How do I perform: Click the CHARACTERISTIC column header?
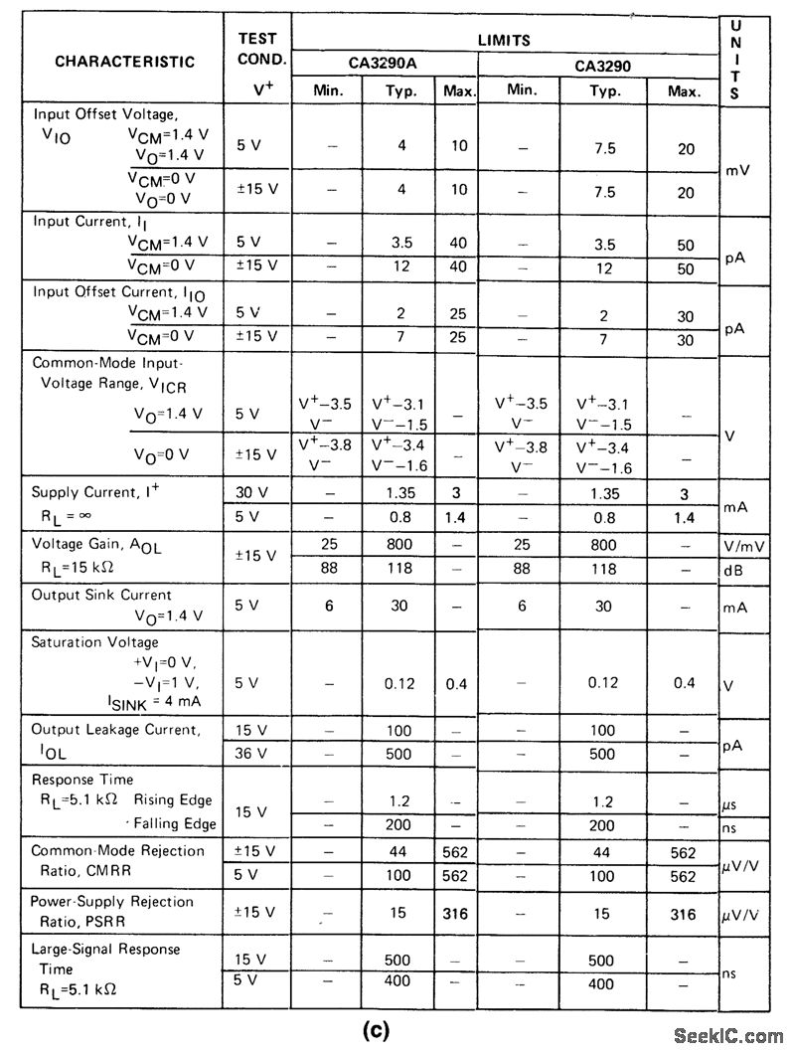point(124,62)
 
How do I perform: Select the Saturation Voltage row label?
point(95,642)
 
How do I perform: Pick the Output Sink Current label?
point(101,595)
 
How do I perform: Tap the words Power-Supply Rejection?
point(112,901)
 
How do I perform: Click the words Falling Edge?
point(174,823)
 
